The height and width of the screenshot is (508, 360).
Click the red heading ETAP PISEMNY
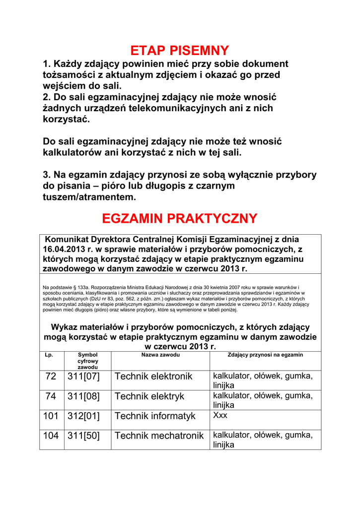tap(179, 51)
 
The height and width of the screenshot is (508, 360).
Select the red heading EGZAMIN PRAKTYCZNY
tap(179, 218)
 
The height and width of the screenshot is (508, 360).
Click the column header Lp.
tap(49, 355)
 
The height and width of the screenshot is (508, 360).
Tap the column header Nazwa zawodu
tap(160, 355)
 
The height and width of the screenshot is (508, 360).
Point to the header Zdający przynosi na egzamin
tap(265, 355)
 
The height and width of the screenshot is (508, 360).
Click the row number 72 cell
tap(51, 377)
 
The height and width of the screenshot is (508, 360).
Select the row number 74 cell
tap(51, 396)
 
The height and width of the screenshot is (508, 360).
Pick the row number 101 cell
tap(51, 416)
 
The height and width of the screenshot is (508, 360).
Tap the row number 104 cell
tap(51, 436)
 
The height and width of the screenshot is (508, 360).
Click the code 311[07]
tap(83, 377)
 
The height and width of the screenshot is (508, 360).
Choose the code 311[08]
tap(83, 396)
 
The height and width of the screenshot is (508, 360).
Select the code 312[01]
tap(83, 416)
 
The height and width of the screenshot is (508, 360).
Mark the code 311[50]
tap(83, 436)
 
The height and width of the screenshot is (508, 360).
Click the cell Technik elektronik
tap(153, 377)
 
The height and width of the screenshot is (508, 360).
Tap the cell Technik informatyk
tap(155, 416)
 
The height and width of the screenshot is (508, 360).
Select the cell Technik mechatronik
tap(159, 436)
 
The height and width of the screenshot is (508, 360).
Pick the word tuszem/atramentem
tap(89, 197)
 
